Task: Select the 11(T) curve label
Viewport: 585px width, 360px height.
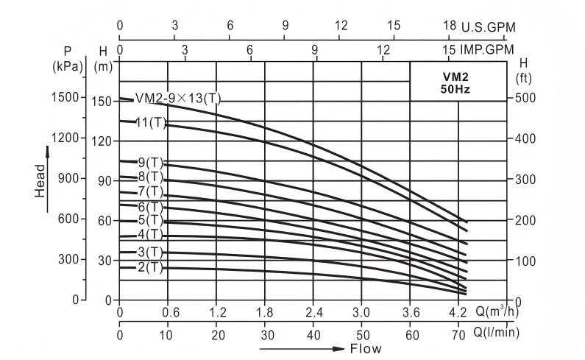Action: coord(152,121)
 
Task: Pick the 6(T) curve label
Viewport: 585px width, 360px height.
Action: coord(150,207)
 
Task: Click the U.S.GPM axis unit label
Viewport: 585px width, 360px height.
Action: coord(489,27)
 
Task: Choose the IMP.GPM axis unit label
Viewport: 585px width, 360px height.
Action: coord(487,50)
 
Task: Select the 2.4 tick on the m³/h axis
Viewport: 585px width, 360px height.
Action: coord(314,311)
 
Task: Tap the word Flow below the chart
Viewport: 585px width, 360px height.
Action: coord(366,348)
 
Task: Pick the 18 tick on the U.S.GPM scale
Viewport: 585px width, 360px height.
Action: coord(450,26)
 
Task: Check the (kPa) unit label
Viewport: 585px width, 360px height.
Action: coord(68,66)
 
